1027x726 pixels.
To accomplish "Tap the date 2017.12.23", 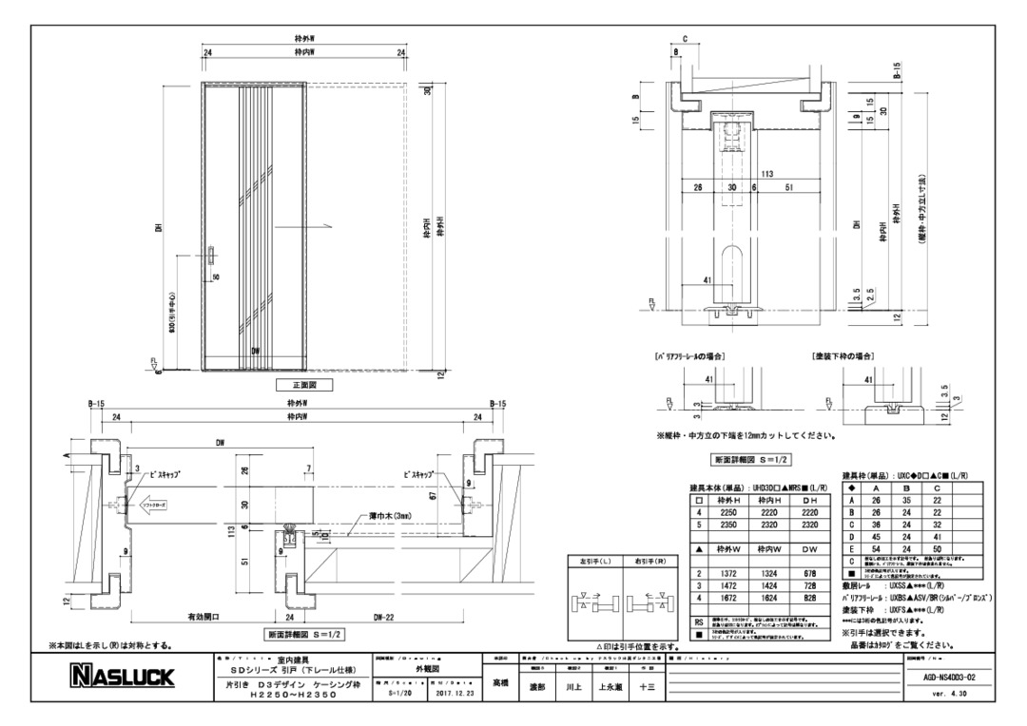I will tap(454, 695).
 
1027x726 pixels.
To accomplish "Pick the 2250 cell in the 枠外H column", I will tap(729, 512).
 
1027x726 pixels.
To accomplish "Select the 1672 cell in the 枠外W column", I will tap(729, 600).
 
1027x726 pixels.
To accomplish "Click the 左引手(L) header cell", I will tap(594, 561).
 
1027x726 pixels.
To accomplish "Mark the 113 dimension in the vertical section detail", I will tap(766, 175).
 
